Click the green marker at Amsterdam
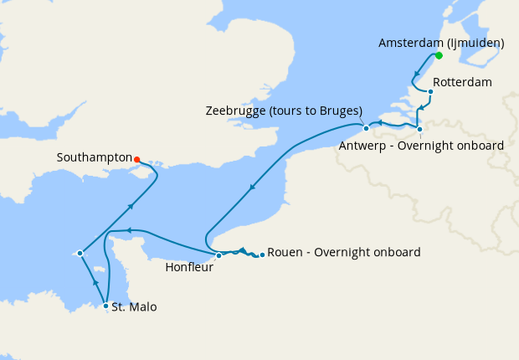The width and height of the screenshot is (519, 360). click(438, 56)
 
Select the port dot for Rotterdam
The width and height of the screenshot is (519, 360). click(430, 92)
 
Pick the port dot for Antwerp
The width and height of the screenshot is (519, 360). click(419, 129)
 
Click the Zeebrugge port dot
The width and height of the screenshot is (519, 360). click(366, 128)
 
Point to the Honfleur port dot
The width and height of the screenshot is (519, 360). click(218, 255)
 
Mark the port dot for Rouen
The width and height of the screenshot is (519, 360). click(262, 254)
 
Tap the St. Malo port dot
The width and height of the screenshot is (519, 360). click(105, 306)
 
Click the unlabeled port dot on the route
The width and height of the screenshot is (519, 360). click(80, 253)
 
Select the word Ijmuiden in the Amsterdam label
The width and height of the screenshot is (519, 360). click(475, 42)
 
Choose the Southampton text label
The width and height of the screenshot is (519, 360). click(94, 157)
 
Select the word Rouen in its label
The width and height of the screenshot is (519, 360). click(284, 253)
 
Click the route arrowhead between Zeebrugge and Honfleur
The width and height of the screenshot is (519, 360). click(252, 189)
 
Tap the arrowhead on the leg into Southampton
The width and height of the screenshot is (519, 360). click(131, 205)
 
